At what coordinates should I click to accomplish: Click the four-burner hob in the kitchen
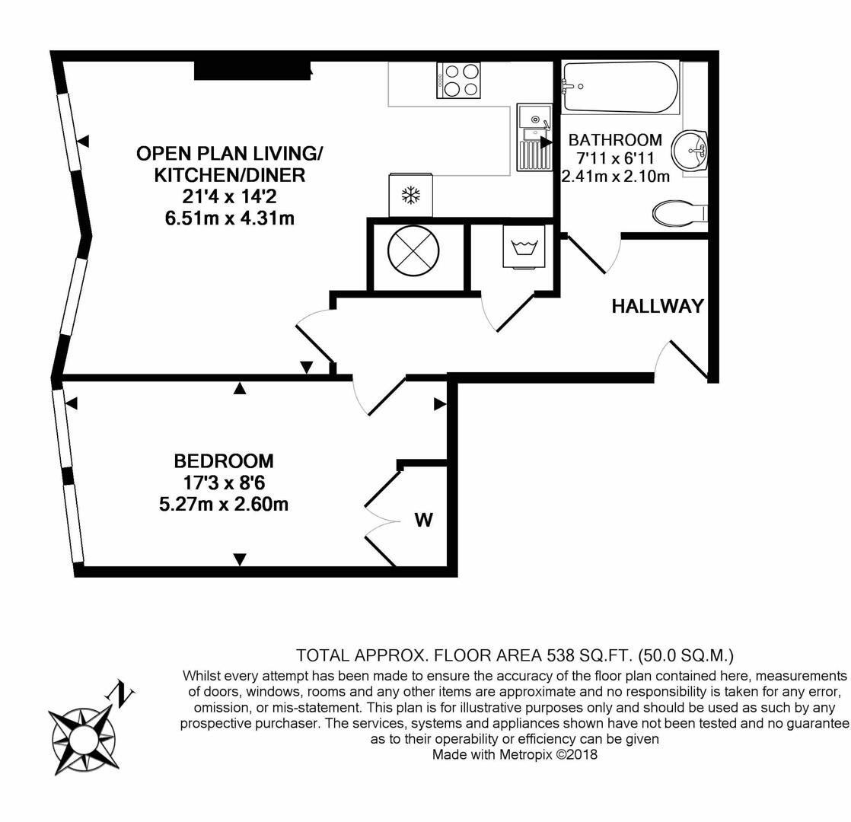(x=459, y=80)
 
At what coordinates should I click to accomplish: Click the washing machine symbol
(x=524, y=246)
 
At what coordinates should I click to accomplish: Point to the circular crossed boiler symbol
(x=413, y=253)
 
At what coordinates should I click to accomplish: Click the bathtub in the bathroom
(x=618, y=88)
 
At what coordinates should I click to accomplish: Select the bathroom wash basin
(x=690, y=151)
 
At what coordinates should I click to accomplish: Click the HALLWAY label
(x=658, y=307)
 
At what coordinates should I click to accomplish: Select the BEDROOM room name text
(x=224, y=461)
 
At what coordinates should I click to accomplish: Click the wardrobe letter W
(x=423, y=521)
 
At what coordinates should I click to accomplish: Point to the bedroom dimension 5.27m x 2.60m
(x=224, y=504)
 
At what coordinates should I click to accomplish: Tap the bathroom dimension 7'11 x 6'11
(x=615, y=158)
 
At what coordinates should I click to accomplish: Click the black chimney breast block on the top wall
(x=252, y=70)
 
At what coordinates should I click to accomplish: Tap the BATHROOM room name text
(x=615, y=140)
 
